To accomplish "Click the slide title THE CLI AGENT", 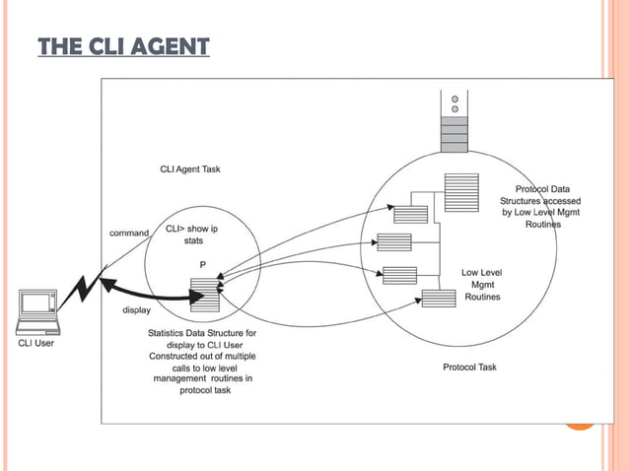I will point(123,46).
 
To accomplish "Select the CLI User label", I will point(37,344).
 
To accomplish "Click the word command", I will point(128,233).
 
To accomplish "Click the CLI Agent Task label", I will point(190,168).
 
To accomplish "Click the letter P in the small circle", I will point(202,264).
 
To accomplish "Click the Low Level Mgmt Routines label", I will point(482,284).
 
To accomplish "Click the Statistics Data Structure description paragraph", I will point(202,362).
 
